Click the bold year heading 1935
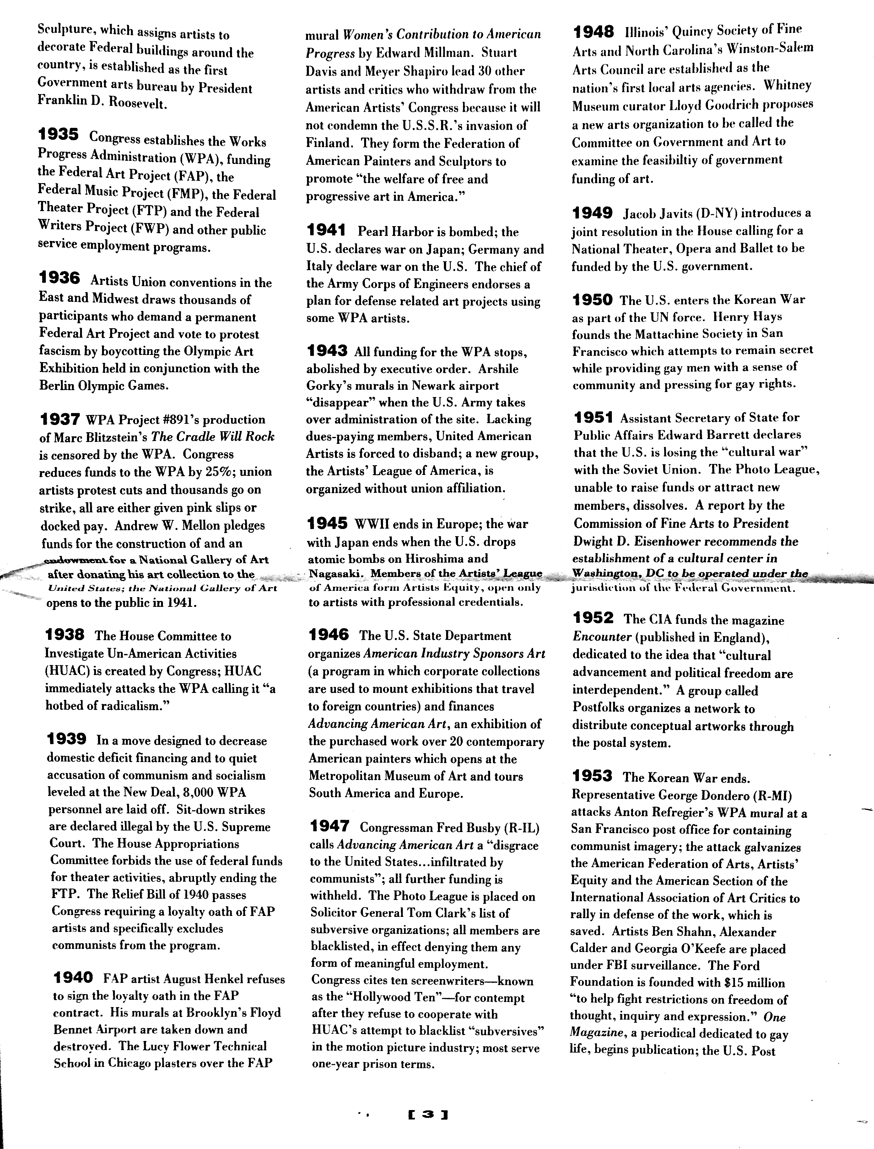tap(58, 136)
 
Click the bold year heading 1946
tap(329, 634)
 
